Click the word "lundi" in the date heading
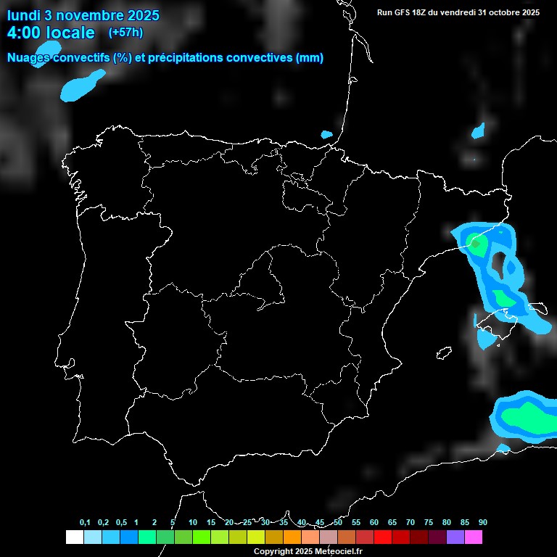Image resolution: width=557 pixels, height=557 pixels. [x=25, y=15]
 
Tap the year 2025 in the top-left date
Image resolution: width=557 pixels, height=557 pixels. [x=143, y=15]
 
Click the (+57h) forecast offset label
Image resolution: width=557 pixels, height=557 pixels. [x=125, y=33]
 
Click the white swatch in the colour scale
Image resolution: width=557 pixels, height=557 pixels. [x=74, y=537]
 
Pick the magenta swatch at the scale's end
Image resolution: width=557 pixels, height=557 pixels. [x=474, y=537]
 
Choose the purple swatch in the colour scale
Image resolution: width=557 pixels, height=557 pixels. [x=455, y=537]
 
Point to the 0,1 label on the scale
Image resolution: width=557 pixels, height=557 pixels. [x=85, y=523]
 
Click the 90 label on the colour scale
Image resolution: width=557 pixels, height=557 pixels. [x=483, y=523]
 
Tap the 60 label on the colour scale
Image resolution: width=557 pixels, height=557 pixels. [x=374, y=523]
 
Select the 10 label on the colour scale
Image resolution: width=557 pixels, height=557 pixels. [x=193, y=523]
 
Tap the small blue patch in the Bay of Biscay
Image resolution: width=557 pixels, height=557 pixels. [x=326, y=134]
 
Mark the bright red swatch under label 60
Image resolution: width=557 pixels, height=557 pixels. [x=383, y=537]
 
